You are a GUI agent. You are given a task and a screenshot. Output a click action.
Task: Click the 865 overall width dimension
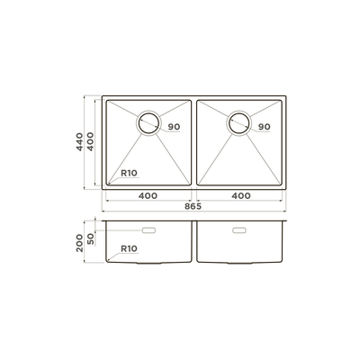click(x=193, y=206)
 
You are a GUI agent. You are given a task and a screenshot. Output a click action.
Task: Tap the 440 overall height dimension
click(x=79, y=142)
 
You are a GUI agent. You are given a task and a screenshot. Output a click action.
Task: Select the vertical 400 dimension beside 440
click(x=90, y=141)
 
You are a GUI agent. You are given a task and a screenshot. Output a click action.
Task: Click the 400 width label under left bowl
click(x=148, y=196)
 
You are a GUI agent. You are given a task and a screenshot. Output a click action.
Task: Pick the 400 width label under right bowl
click(x=241, y=196)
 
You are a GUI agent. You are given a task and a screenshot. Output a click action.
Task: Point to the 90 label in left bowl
click(x=174, y=127)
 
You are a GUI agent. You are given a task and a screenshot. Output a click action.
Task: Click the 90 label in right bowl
click(x=265, y=127)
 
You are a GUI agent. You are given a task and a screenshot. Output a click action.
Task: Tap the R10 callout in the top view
click(x=129, y=173)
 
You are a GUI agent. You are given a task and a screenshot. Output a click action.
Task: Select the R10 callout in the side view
click(x=129, y=248)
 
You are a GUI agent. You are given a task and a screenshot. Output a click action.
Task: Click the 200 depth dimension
click(x=79, y=243)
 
